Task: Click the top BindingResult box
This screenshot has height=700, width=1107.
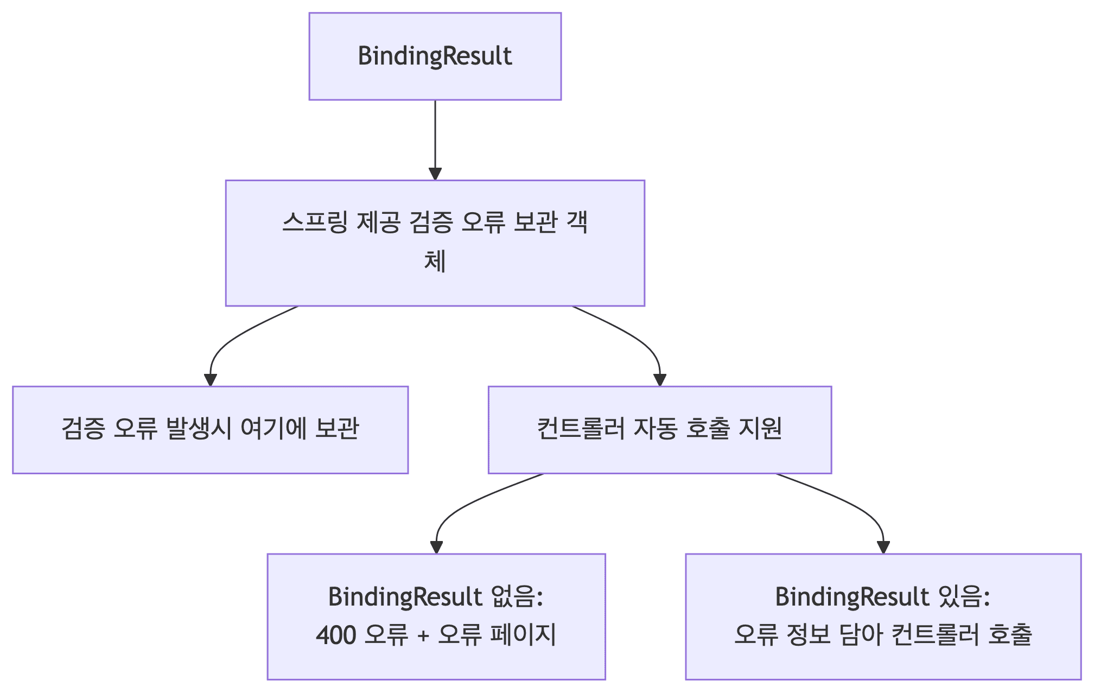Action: coord(435,56)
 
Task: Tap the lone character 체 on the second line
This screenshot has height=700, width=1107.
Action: coord(435,262)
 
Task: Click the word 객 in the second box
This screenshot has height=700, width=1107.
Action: coord(577,222)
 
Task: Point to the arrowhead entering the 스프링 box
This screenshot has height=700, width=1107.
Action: coord(435,174)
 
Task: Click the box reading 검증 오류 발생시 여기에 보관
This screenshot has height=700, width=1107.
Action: coord(210,430)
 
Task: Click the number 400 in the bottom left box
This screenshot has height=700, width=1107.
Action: coord(336,635)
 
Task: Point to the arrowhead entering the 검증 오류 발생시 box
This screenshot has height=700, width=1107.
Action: coord(211,380)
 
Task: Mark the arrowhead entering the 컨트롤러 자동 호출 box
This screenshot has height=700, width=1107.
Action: coord(660,380)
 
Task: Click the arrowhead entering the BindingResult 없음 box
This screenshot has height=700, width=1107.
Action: coord(436,548)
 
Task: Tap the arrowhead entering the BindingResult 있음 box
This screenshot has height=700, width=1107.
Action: coord(883,548)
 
